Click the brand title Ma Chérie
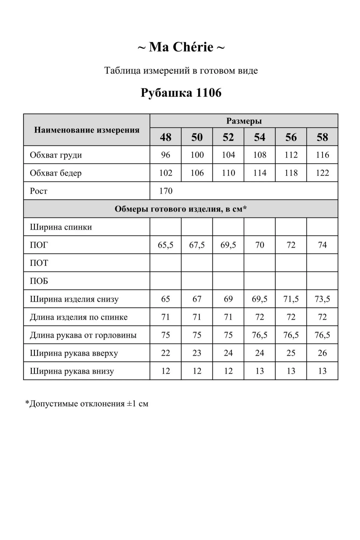point(181,47)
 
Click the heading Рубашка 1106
point(181,93)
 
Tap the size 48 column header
point(166,137)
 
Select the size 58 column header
point(322,137)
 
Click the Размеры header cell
point(244,121)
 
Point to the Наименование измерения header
point(87,130)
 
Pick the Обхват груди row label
point(56,155)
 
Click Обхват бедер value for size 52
point(228,173)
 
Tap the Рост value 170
point(166,191)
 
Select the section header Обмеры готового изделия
point(181,209)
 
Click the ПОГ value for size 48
point(166,245)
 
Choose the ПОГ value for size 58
point(322,245)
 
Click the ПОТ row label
point(39,263)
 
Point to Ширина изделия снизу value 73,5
point(322,299)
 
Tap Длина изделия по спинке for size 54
point(260,317)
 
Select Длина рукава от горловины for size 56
point(291,335)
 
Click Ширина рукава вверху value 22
point(166,353)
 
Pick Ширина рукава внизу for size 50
point(197,371)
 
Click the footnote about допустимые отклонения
point(87,404)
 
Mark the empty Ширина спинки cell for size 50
point(197,227)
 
